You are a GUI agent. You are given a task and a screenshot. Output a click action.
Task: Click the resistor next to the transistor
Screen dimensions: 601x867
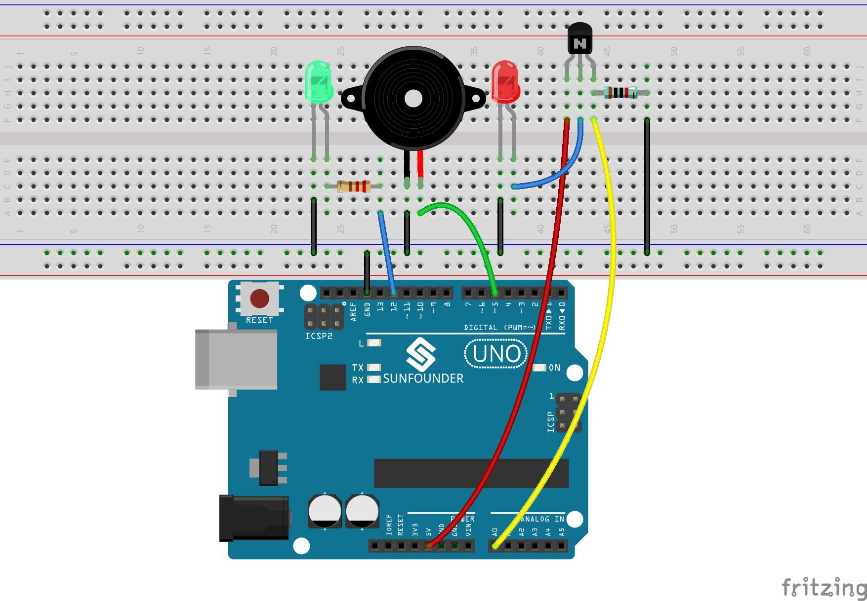pyautogui.click(x=620, y=92)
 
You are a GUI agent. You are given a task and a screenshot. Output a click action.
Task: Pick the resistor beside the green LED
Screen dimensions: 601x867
pyautogui.click(x=353, y=187)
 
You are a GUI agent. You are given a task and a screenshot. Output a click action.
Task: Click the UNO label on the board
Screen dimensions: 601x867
pyautogui.click(x=496, y=354)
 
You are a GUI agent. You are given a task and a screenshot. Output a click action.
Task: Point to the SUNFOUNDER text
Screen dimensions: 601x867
pyautogui.click(x=423, y=378)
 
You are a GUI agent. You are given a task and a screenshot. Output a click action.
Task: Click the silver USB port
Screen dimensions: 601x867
pyautogui.click(x=236, y=359)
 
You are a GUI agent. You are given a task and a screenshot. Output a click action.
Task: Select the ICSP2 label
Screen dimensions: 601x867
pyautogui.click(x=319, y=336)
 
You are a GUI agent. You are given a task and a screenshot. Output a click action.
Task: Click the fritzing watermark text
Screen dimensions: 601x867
pyautogui.click(x=823, y=587)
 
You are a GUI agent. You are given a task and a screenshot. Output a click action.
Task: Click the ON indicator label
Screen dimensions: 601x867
pyautogui.click(x=555, y=368)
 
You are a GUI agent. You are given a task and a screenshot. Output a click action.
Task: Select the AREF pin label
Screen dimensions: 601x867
pyautogui.click(x=353, y=312)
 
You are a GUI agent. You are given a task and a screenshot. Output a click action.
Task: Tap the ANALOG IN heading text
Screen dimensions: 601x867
pyautogui.click(x=542, y=519)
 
